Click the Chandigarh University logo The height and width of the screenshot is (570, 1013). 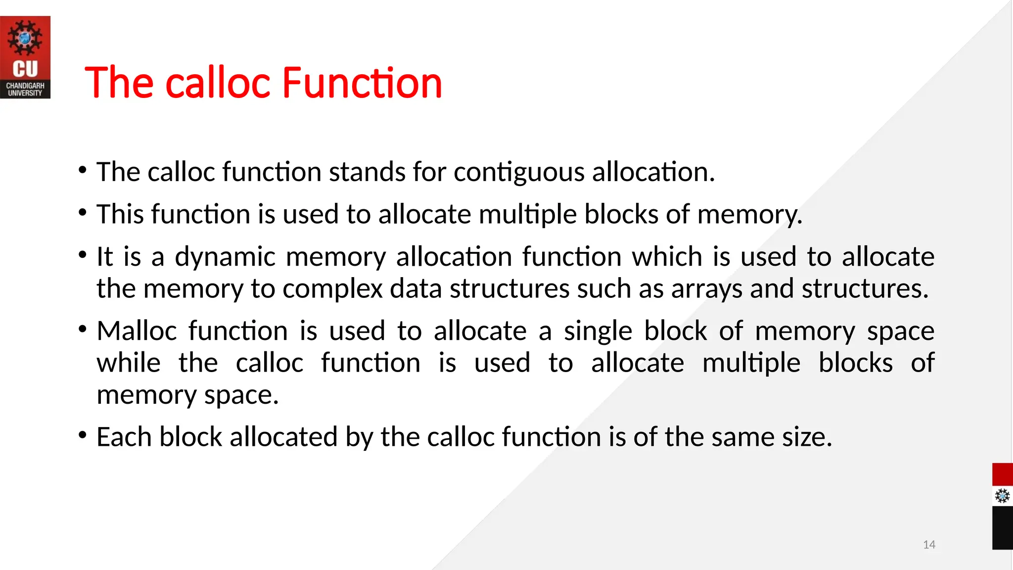click(25, 57)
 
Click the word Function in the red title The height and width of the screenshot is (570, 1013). click(362, 83)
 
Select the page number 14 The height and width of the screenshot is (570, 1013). click(929, 545)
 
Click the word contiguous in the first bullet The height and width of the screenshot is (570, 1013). click(519, 172)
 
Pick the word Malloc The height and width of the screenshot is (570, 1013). click(137, 331)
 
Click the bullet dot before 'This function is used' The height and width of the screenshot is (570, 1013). click(83, 213)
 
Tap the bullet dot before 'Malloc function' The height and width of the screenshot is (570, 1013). click(83, 329)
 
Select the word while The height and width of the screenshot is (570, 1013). click(129, 363)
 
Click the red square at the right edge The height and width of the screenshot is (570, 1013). click(1002, 475)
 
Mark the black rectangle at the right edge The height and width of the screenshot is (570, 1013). click(1002, 527)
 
